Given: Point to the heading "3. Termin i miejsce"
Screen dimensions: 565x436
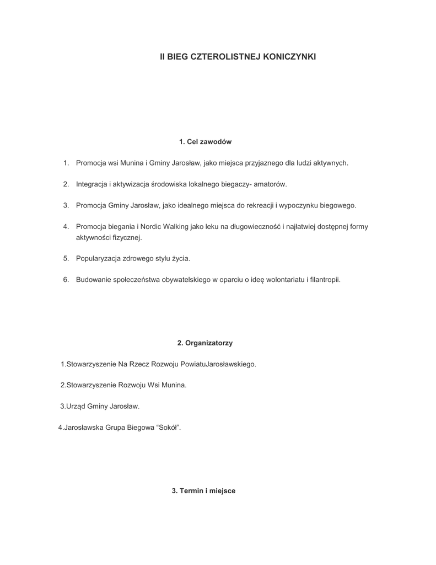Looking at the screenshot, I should [203, 491].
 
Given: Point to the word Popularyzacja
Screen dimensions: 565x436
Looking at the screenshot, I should [98, 258].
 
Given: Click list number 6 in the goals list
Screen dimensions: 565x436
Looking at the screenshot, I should [66, 280].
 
